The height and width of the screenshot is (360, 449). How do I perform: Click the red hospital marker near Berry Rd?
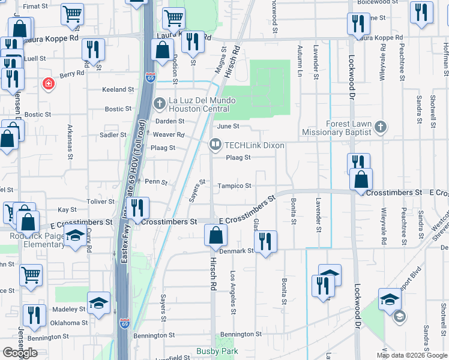coord(47,84)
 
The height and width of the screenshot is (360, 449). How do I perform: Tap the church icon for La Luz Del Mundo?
coord(160,104)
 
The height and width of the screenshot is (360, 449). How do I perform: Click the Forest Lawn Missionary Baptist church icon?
coord(379,127)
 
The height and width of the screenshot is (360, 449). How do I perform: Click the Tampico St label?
coord(234,186)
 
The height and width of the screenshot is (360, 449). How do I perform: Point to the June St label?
coord(228,127)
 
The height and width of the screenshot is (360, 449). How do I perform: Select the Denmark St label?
coord(237,250)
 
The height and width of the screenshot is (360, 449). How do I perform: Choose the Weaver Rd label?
coord(168,135)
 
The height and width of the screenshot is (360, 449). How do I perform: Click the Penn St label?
coord(155,181)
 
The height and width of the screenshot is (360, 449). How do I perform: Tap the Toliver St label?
coord(84,202)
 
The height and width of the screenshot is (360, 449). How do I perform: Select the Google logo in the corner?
coord(20,353)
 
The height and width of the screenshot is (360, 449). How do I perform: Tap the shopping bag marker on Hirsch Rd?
coord(215,234)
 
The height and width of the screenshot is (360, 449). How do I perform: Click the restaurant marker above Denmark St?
coord(265,241)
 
